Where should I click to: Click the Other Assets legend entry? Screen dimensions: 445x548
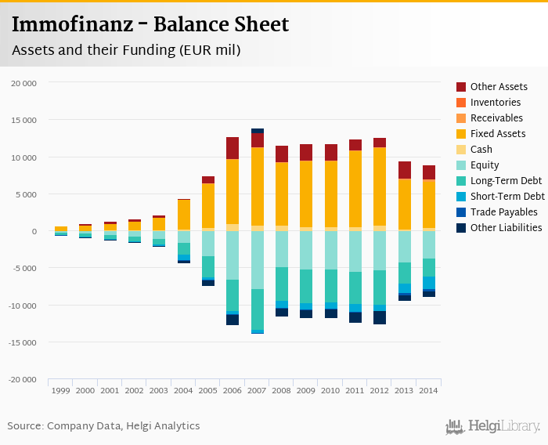pyautogui.click(x=499, y=87)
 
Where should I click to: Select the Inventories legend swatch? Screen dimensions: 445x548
pyautogui.click(x=461, y=103)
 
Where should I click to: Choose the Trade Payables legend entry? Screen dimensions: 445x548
pyautogui.click(x=503, y=212)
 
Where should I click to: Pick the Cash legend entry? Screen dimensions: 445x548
pyautogui.click(x=481, y=150)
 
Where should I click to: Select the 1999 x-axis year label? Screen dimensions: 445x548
pyautogui.click(x=60, y=390)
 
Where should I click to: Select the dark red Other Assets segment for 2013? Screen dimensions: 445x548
pyautogui.click(x=405, y=170)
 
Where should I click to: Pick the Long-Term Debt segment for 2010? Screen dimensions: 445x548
pyautogui.click(x=331, y=286)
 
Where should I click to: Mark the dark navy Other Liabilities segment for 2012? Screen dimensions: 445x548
pyautogui.click(x=380, y=317)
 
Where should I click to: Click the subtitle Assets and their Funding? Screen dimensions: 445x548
pyautogui.click(x=125, y=50)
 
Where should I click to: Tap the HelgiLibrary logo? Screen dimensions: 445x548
pyautogui.click(x=493, y=426)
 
